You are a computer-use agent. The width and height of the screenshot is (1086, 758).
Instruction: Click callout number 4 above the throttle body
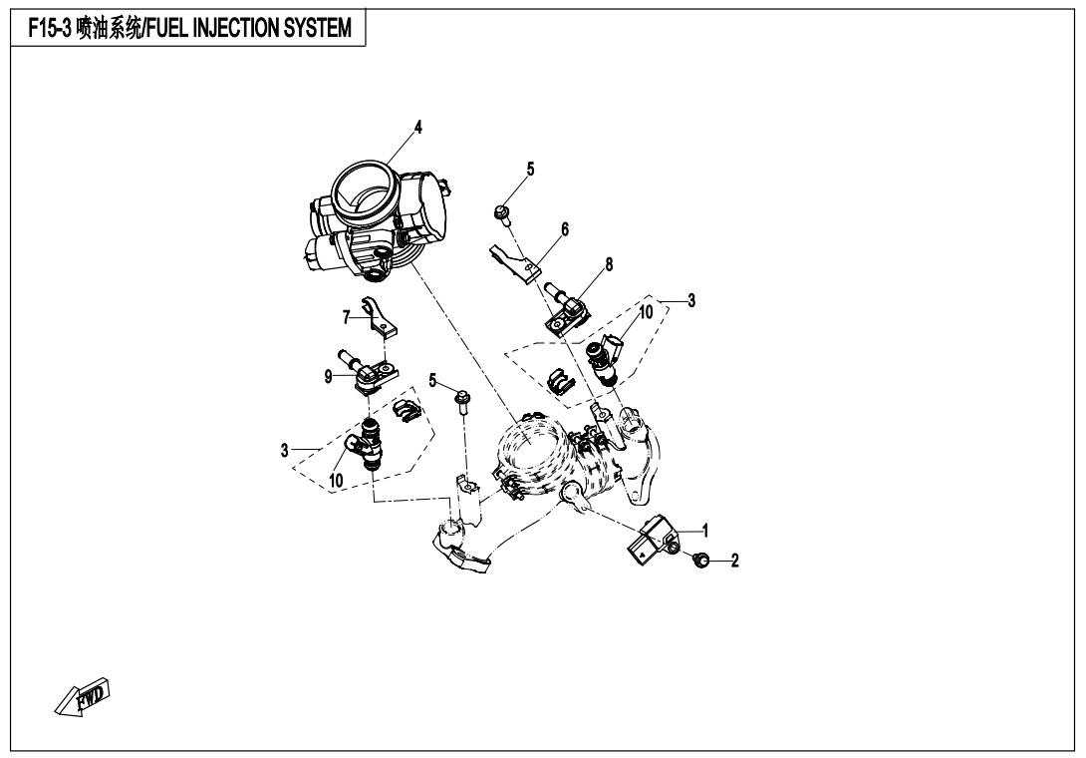(x=417, y=127)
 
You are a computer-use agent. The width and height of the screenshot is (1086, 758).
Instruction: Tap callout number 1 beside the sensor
(x=705, y=532)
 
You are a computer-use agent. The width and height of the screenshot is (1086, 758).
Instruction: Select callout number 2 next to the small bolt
(x=735, y=561)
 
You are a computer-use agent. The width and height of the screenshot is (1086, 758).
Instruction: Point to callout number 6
(x=565, y=228)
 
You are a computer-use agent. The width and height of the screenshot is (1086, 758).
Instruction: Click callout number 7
(x=347, y=317)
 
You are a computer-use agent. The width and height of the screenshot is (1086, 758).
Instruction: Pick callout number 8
(x=609, y=264)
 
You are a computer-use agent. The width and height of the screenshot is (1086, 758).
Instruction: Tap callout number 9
(x=329, y=377)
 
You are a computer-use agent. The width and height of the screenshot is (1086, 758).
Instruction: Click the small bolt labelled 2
(x=700, y=559)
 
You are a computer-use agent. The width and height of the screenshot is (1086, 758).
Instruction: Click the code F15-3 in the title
(x=50, y=29)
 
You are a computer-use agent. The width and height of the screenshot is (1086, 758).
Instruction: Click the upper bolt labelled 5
(x=502, y=212)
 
